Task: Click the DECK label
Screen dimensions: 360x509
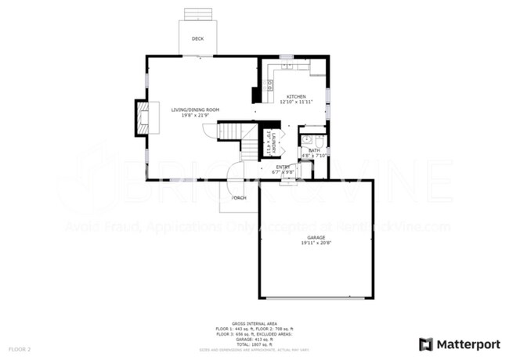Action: pyautogui.click(x=197, y=38)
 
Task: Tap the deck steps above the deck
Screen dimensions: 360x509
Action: pyautogui.click(x=197, y=14)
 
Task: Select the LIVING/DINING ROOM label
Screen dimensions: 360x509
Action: pyautogui.click(x=195, y=110)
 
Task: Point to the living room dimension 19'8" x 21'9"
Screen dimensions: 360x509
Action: pyautogui.click(x=195, y=116)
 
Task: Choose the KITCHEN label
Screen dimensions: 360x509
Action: pyautogui.click(x=295, y=96)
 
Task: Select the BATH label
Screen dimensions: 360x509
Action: pyautogui.click(x=314, y=149)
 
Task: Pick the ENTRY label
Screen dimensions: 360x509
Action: pyautogui.click(x=282, y=166)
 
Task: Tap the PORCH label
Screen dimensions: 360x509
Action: pyautogui.click(x=239, y=197)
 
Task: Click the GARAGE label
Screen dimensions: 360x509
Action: pyautogui.click(x=316, y=237)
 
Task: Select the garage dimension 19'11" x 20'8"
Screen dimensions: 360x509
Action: pyautogui.click(x=316, y=243)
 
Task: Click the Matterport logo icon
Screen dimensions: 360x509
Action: pyautogui.click(x=426, y=344)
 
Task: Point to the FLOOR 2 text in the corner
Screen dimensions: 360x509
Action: pyautogui.click(x=20, y=347)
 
